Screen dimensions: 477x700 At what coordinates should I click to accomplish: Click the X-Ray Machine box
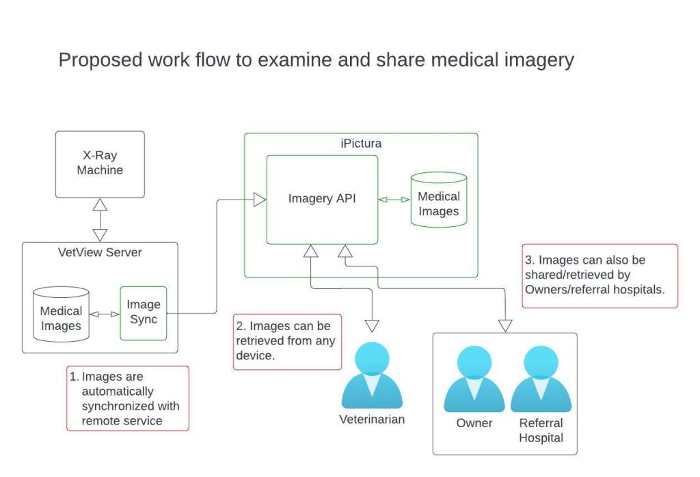tap(100, 163)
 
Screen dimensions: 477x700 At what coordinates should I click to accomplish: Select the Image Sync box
tap(144, 312)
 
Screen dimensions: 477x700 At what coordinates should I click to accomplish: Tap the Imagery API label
tap(322, 199)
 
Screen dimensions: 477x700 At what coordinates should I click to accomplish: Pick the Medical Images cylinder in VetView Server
tap(61, 316)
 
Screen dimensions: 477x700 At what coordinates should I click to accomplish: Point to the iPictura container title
tap(361, 144)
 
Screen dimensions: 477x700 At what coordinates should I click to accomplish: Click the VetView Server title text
tap(100, 252)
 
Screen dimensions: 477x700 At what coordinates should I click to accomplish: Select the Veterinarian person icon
tap(372, 377)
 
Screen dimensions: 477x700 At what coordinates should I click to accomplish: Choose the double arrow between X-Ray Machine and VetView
tap(100, 219)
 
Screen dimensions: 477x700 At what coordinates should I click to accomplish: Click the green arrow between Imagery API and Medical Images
tap(394, 200)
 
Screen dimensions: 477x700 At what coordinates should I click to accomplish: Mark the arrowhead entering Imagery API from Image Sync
tap(260, 200)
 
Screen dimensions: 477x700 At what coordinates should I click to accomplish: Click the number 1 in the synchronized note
tap(74, 377)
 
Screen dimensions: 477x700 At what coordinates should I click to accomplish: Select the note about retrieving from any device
tap(287, 341)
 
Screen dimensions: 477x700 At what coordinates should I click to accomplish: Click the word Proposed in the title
tap(100, 60)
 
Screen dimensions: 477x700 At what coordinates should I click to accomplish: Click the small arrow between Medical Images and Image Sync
tap(105, 314)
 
